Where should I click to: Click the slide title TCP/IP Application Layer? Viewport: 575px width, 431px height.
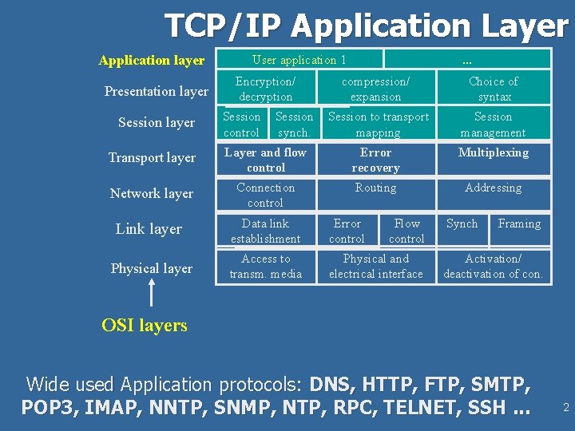pos(366,26)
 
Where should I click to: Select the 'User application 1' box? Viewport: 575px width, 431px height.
pos(299,59)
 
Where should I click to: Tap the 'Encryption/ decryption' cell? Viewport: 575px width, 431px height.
pos(266,89)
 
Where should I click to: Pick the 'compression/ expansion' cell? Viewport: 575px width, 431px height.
pos(375,89)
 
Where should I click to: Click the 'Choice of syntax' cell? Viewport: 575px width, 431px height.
pos(494,89)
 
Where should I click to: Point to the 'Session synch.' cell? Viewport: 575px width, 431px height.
pos(294,125)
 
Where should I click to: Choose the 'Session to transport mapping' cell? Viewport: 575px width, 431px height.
pos(378,125)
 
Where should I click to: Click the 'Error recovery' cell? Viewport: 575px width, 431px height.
pos(375,160)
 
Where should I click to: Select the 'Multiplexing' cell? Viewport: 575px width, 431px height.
pos(494,152)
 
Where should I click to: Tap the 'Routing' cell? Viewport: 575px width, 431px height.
pos(375,188)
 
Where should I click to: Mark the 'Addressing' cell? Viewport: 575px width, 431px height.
pos(494,188)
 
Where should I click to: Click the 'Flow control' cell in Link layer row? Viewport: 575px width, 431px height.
pos(406,231)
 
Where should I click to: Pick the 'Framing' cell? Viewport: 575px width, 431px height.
pos(519,223)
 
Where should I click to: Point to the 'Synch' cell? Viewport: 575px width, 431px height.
pos(462,223)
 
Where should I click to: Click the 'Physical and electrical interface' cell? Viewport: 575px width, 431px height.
pos(375,266)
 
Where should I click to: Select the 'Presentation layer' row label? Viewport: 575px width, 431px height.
pos(157,91)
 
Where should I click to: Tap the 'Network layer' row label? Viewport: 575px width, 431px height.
pos(152,193)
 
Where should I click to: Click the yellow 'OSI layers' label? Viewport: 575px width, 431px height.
pos(145,325)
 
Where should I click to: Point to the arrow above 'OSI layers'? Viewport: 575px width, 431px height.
pos(151,293)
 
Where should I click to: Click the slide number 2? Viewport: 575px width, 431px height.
pos(565,408)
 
